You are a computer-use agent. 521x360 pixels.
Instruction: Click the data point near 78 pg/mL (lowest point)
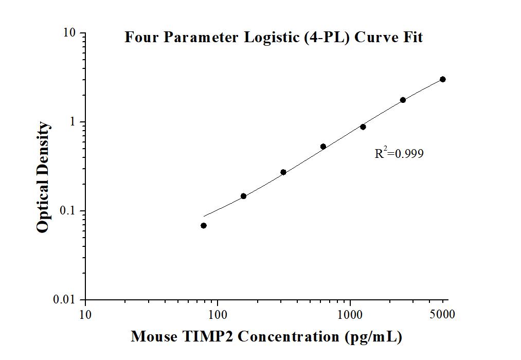coord(204,225)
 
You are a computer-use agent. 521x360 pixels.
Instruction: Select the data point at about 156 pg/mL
coord(243,196)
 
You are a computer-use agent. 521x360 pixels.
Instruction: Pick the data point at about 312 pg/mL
coord(283,172)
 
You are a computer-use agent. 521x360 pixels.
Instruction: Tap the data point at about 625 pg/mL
coord(323,147)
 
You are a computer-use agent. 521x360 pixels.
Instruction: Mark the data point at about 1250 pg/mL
coord(363,127)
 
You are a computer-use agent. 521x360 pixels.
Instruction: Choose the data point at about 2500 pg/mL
coord(403,100)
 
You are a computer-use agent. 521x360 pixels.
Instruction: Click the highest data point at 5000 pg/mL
coord(443,79)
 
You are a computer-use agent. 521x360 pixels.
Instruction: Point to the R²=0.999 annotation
coord(399,153)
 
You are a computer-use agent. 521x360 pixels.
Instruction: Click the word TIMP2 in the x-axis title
coord(211,337)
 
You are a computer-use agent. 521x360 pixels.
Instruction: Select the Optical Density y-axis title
coord(44,177)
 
